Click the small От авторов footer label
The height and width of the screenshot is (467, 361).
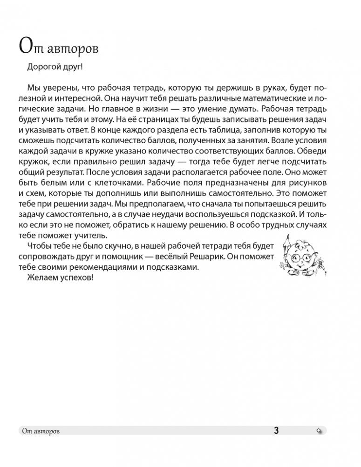tap(41, 431)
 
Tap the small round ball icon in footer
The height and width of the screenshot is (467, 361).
tap(319, 431)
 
